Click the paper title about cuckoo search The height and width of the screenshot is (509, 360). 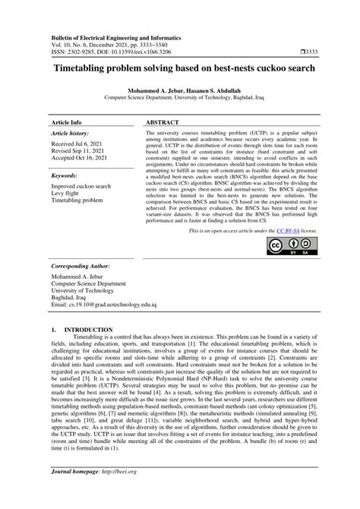tap(179, 68)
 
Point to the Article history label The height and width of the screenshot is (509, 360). tap(71, 134)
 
